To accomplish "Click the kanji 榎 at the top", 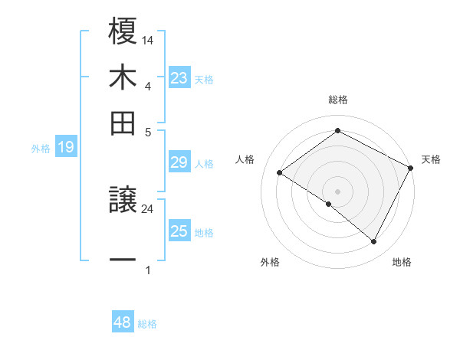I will pos(123,31).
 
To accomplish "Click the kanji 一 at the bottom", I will pos(123,260).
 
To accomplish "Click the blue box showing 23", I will pos(179,78).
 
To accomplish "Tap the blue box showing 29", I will pos(179,162).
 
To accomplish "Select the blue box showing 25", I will pos(179,232).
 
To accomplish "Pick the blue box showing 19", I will pos(66,148).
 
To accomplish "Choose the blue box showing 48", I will pos(123,322).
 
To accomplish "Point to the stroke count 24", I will pos(147,208).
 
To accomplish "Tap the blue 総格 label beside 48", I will pos(147,324).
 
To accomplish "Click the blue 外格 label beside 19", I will pos(41,149).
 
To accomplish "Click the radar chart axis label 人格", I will pos(245,159).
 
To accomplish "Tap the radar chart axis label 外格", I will pos(270,262).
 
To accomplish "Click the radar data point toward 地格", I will pos(374,242).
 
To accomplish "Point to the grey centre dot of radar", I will pos(337,191).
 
